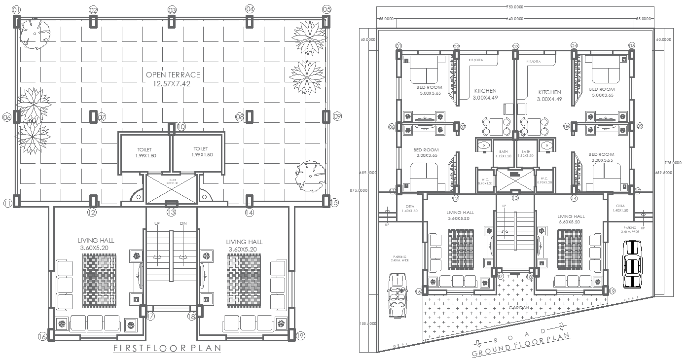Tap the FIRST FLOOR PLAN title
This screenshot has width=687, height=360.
pyautogui.click(x=167, y=348)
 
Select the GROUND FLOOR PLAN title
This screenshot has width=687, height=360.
pyautogui.click(x=521, y=345)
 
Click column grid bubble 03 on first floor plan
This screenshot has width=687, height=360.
pyautogui.click(x=172, y=10)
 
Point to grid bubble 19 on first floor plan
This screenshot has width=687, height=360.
pyautogui.click(x=300, y=336)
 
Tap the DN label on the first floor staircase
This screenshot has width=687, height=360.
pyautogui.click(x=183, y=223)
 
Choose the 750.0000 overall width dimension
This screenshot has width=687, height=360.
pyautogui.click(x=514, y=7)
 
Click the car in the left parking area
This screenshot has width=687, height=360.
pyautogui.click(x=398, y=295)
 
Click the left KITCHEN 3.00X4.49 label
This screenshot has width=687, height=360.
pyautogui.click(x=485, y=94)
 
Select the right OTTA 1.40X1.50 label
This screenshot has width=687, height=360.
pyautogui.click(x=620, y=208)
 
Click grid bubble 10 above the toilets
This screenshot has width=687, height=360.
pyautogui.click(x=181, y=127)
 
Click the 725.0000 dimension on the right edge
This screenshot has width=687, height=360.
pyautogui.click(x=673, y=162)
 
